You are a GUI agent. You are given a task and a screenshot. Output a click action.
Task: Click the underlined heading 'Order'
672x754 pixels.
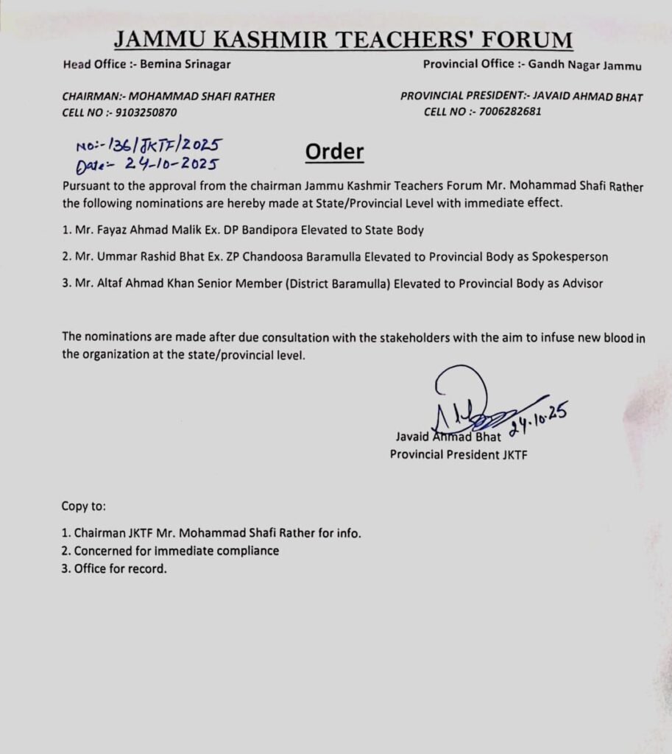pos(334,152)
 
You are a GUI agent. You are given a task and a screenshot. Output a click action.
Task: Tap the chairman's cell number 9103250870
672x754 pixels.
pos(146,113)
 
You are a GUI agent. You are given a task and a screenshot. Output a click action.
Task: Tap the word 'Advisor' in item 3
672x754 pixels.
pos(583,283)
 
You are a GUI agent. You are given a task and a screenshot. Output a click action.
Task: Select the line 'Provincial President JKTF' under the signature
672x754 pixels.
pos(459,454)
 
